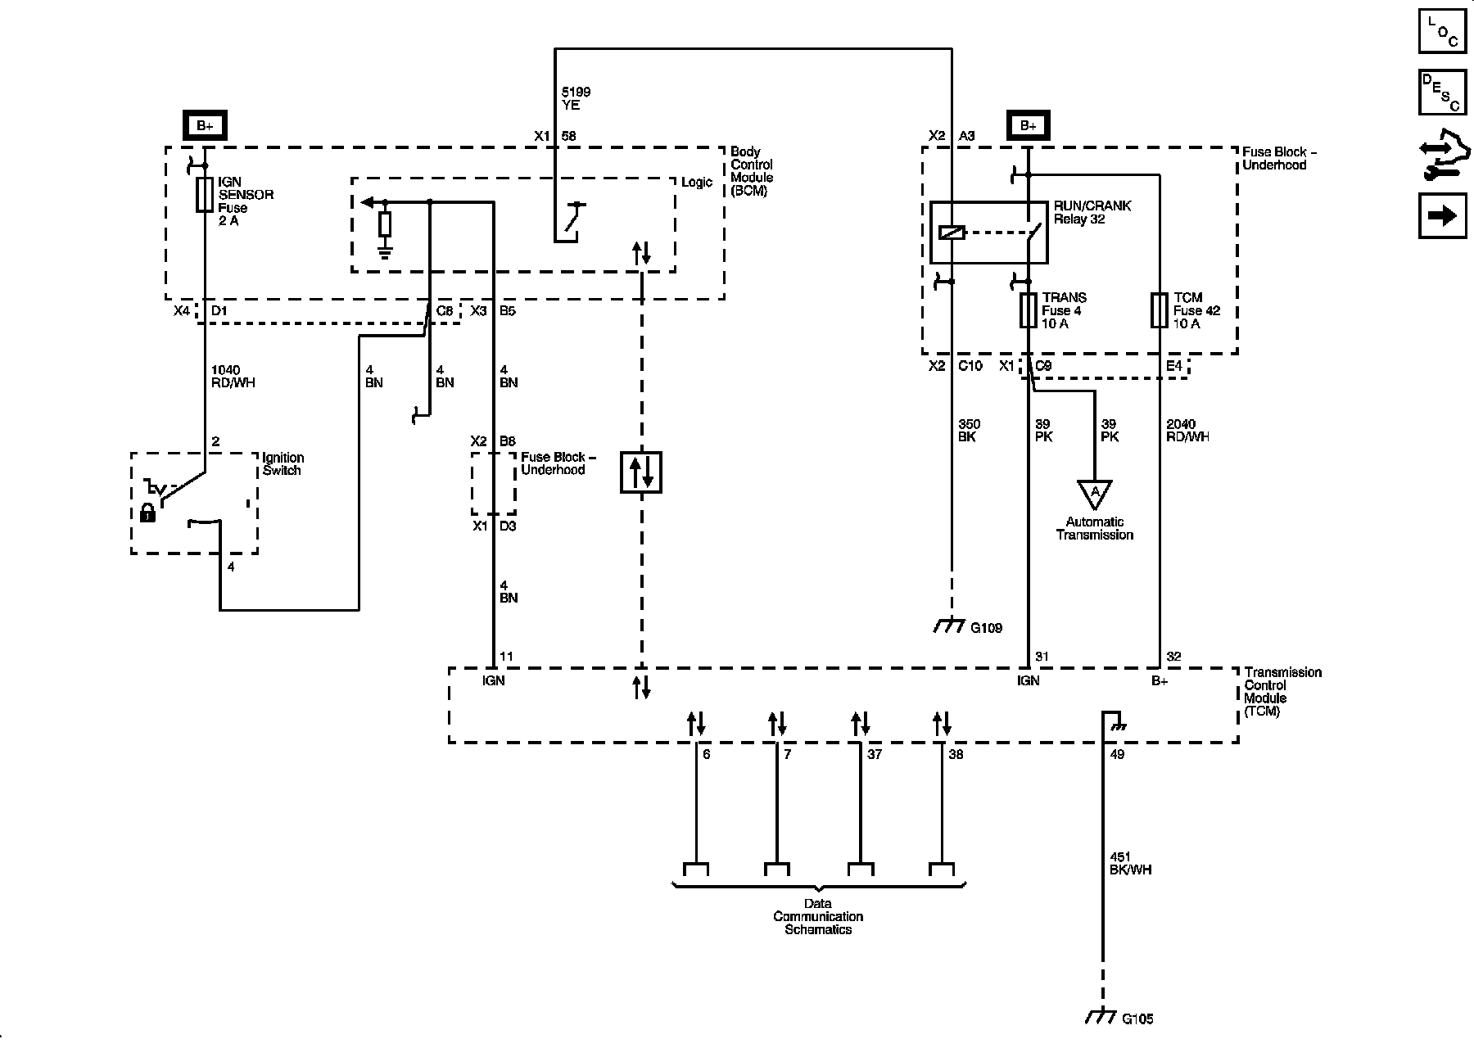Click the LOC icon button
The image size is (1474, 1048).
[1442, 31]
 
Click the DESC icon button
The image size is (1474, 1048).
[1442, 93]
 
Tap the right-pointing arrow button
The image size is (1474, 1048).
[1442, 215]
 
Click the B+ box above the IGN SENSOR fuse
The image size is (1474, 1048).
[205, 125]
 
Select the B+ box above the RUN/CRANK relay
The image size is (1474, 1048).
[1029, 125]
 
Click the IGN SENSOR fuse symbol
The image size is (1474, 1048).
[205, 195]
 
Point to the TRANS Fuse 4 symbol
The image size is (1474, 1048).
[1029, 310]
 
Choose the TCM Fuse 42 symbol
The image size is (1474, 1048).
[1160, 310]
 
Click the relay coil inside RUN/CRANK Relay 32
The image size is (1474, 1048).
[952, 233]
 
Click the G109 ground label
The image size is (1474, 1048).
[986, 628]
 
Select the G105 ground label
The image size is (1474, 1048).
[1137, 1019]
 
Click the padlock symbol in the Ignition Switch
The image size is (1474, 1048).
[148, 513]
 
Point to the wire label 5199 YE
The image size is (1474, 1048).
[576, 98]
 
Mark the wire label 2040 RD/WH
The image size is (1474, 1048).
[1187, 430]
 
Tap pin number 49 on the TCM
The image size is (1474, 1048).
[1118, 754]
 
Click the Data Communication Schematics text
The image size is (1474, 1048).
[818, 916]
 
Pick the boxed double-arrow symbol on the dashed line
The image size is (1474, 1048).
[641, 472]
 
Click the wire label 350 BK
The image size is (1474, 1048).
[970, 430]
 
